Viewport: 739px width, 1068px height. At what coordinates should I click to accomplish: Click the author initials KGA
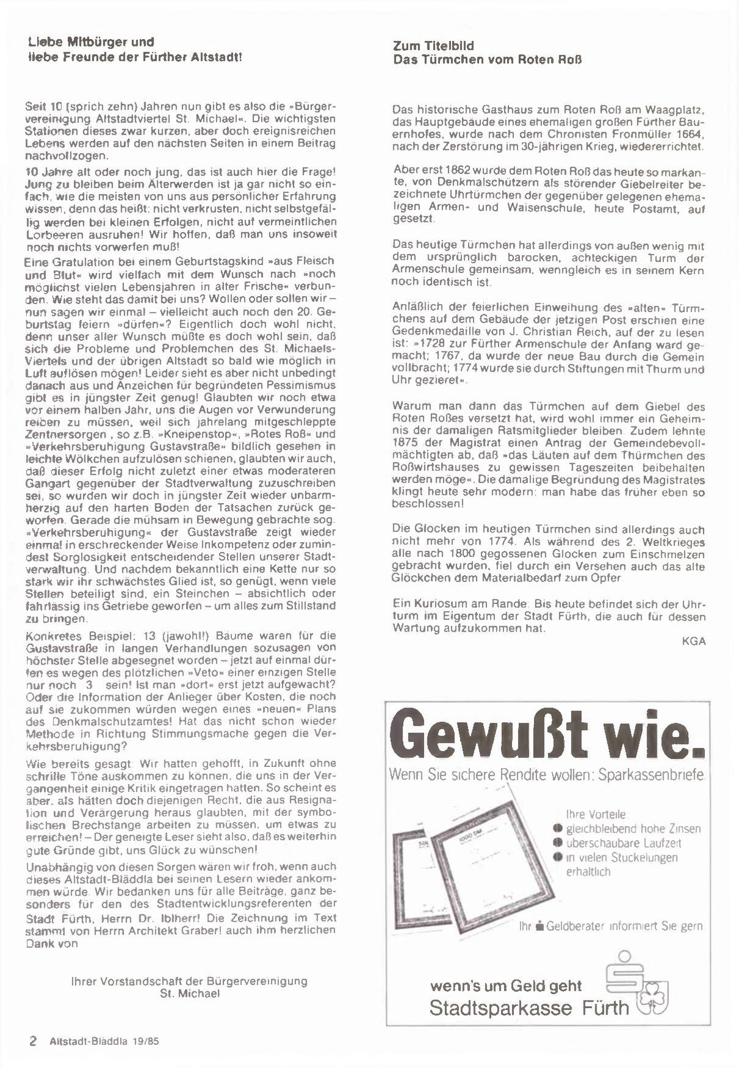[693, 641]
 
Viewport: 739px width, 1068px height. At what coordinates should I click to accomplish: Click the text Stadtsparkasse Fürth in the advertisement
[529, 1007]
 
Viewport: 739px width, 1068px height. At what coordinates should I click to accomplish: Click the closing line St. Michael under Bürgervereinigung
[189, 993]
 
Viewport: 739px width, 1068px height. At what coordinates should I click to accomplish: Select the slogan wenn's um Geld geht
[506, 986]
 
